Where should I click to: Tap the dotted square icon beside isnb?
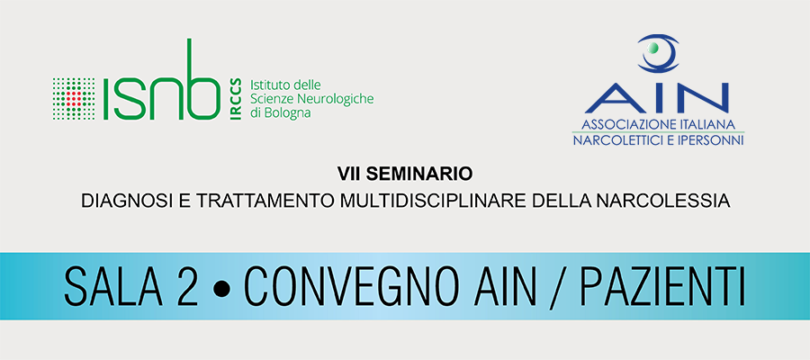[74, 99]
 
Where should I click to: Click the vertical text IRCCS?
[236, 99]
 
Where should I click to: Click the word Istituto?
[267, 84]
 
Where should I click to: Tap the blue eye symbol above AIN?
[658, 53]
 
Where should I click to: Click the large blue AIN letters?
[657, 97]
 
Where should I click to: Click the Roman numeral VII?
[349, 175]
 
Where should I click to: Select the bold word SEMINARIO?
[418, 175]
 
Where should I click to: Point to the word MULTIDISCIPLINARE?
[433, 201]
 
